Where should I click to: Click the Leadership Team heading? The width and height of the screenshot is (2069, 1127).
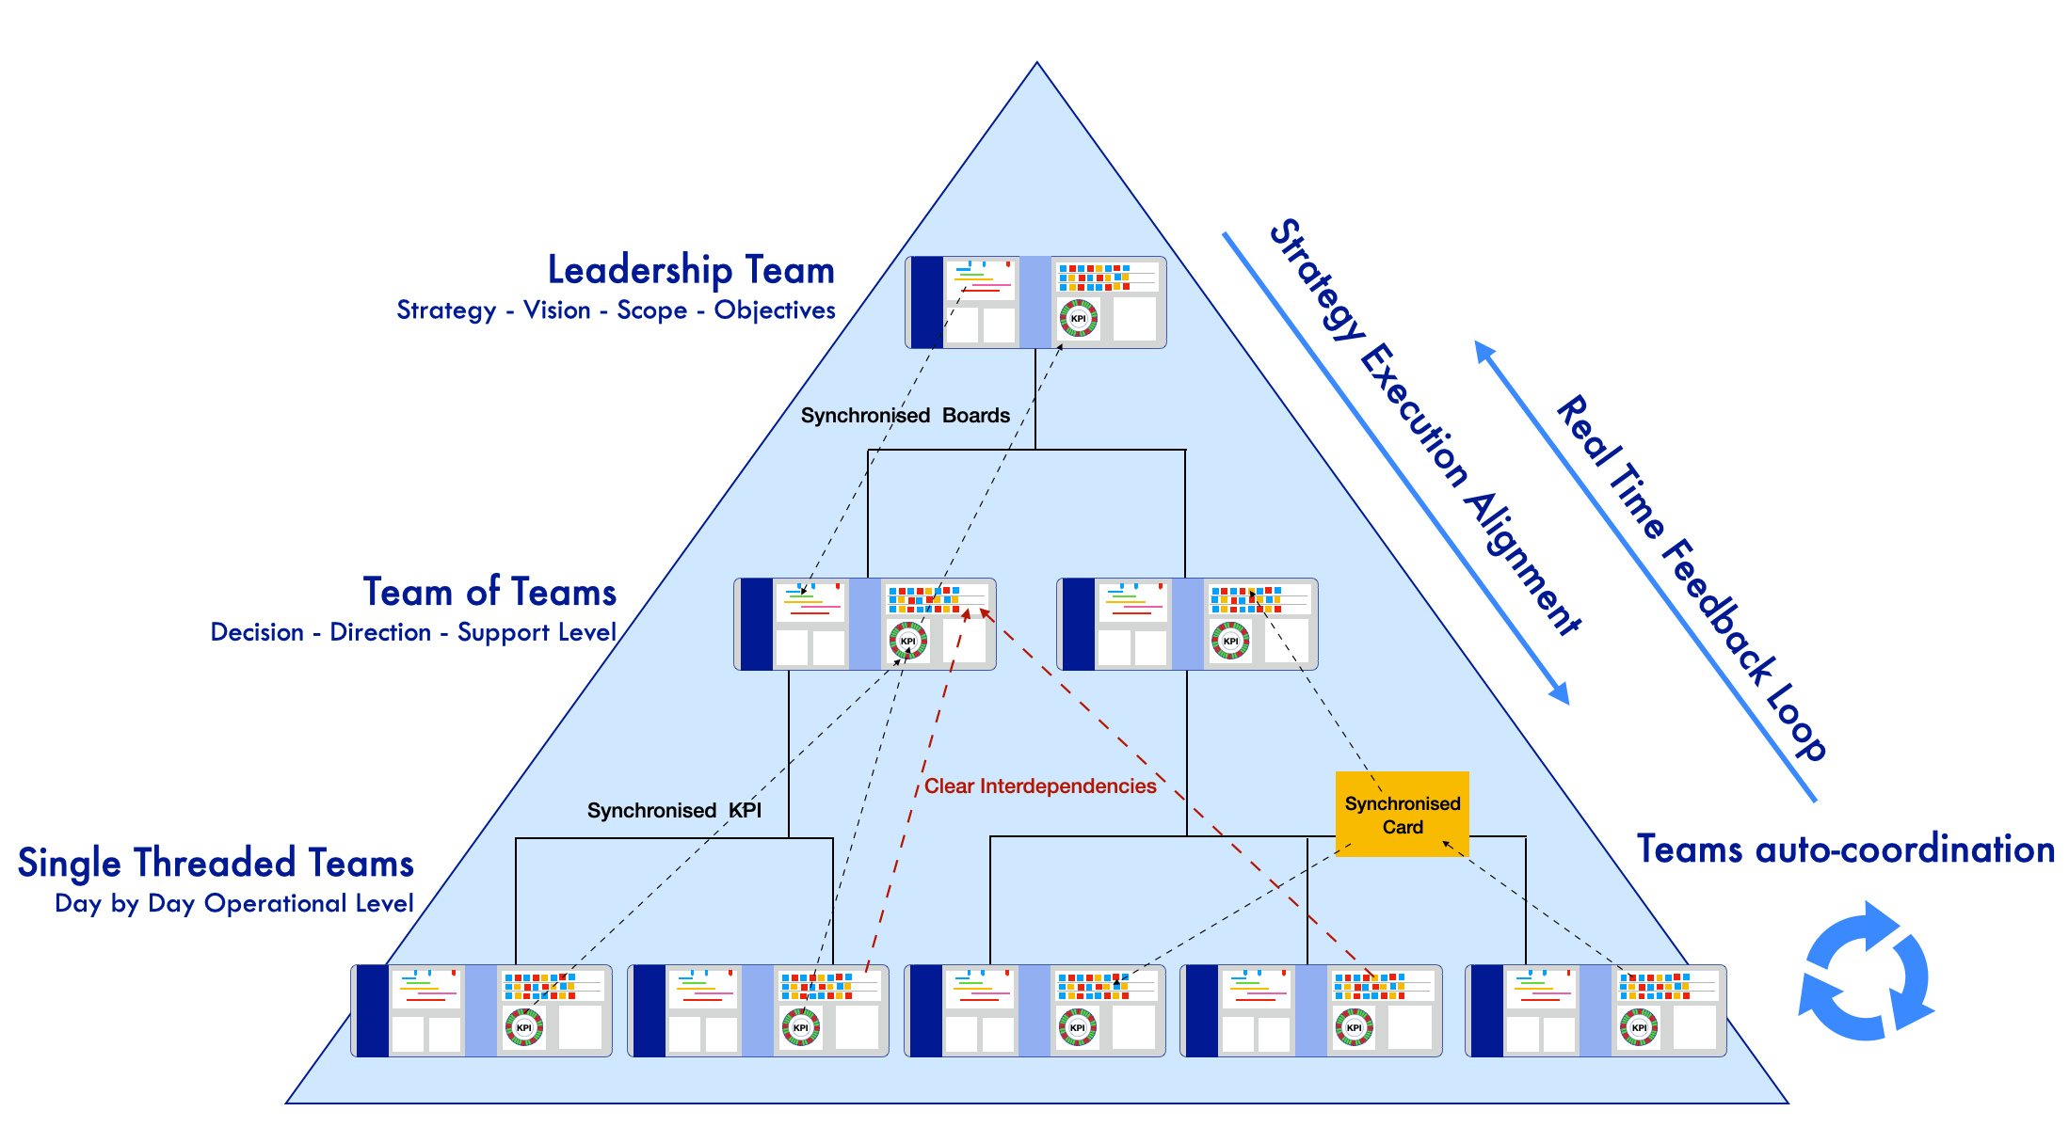[x=691, y=270]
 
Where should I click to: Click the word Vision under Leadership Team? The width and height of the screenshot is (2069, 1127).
[x=557, y=310]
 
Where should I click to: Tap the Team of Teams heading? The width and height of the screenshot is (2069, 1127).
[x=489, y=593]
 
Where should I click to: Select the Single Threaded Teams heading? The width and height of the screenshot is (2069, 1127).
[x=216, y=863]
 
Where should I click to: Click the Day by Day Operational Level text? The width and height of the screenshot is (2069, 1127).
[x=234, y=904]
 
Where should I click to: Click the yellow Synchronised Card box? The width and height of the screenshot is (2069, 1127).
[x=1402, y=815]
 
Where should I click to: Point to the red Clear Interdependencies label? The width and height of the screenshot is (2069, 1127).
[x=1039, y=786]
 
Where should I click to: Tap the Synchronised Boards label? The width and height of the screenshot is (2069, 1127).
[x=905, y=416]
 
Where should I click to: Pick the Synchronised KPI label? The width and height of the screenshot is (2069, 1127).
[x=674, y=811]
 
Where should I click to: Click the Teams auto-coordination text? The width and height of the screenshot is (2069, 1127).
[x=1845, y=849]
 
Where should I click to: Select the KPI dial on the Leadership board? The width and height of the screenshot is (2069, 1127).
[x=1078, y=318]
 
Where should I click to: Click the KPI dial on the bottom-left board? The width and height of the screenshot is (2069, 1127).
[x=523, y=1027]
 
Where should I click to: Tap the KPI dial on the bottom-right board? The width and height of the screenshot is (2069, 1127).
[x=1639, y=1027]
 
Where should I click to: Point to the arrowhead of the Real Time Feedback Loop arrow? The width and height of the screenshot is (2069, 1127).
[x=1483, y=349]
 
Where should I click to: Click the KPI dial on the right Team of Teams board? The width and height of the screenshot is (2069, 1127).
[x=1230, y=641]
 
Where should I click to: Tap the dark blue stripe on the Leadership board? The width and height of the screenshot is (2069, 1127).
[x=926, y=302]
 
